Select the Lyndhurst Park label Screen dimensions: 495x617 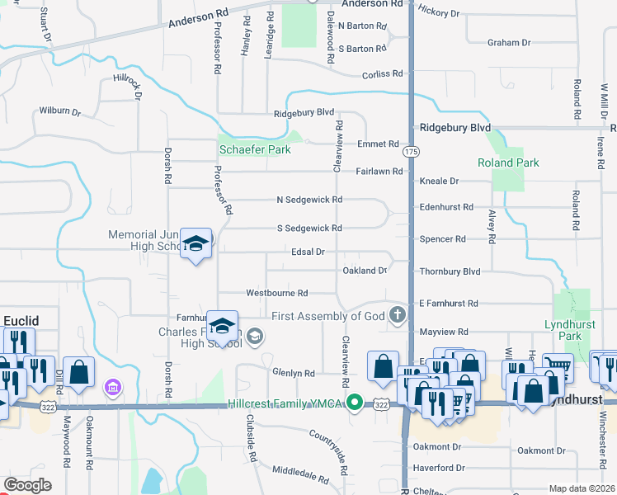pyautogui.click(x=569, y=330)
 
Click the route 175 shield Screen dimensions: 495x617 pyautogui.click(x=410, y=152)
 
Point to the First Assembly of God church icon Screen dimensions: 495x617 pyautogui.click(x=398, y=314)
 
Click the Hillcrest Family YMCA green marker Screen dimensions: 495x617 pyautogui.click(x=355, y=403)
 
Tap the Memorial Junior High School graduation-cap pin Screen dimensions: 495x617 pyautogui.click(x=195, y=243)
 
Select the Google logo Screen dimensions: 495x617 pyautogui.click(x=27, y=484)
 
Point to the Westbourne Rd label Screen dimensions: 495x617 pyautogui.click(x=277, y=293)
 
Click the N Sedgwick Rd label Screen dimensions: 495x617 pyautogui.click(x=309, y=200)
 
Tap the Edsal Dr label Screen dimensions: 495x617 pyautogui.click(x=308, y=251)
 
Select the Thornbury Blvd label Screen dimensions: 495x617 pyautogui.click(x=450, y=271)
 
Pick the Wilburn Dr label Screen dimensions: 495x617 pyautogui.click(x=59, y=111)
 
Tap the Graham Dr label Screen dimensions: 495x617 pyautogui.click(x=508, y=42)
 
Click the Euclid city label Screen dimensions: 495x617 pyautogui.click(x=21, y=320)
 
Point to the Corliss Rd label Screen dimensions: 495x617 pyautogui.click(x=384, y=73)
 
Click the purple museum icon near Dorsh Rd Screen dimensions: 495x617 pyautogui.click(x=113, y=386)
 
